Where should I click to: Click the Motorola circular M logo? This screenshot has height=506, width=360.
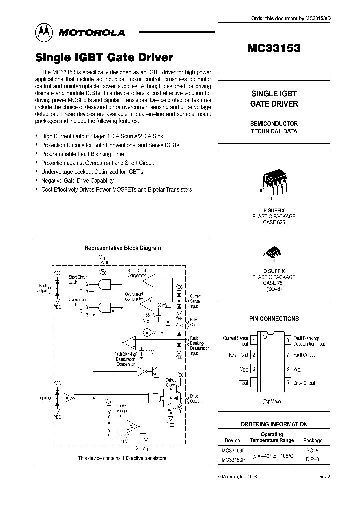point(43,32)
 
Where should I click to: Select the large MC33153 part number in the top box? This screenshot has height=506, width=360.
point(274,48)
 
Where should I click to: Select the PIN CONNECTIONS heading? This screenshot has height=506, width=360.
point(274,318)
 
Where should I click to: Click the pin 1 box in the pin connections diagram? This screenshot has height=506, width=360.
point(254,341)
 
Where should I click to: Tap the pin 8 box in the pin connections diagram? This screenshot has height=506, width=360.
point(287,341)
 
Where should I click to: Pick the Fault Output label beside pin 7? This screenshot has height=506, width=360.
point(304,355)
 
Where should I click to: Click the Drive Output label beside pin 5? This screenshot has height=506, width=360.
point(304,383)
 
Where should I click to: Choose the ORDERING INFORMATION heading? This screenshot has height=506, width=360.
point(274,424)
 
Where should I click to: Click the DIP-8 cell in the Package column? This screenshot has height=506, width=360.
point(313,459)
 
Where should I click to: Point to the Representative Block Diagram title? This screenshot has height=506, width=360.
point(122,248)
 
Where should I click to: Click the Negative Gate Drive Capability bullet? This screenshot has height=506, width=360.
point(77,181)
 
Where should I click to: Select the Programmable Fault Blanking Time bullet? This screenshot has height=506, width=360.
point(82,154)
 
